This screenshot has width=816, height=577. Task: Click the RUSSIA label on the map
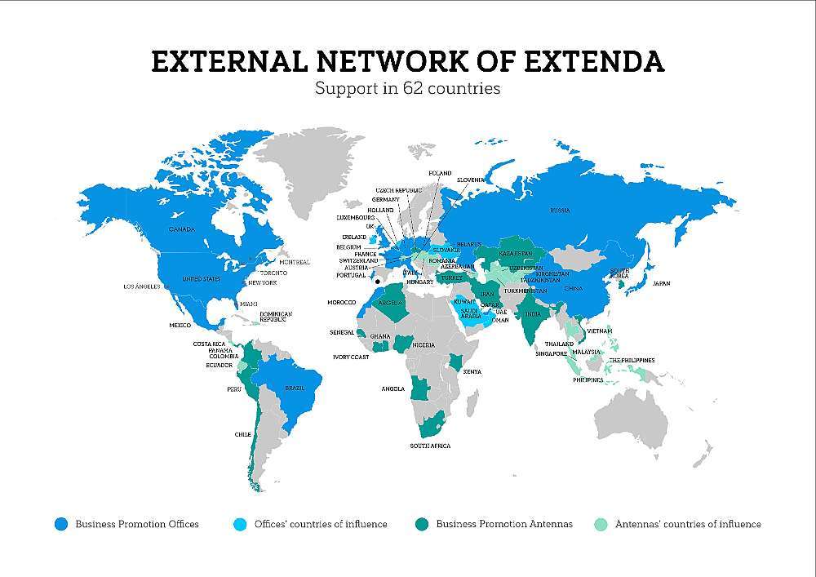click(x=560, y=211)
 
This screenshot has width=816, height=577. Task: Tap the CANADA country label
click(x=181, y=229)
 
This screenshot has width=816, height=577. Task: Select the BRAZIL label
click(x=294, y=388)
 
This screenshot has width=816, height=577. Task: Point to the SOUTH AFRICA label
click(x=429, y=446)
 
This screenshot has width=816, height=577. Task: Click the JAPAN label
click(x=661, y=283)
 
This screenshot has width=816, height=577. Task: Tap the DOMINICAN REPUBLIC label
click(x=275, y=317)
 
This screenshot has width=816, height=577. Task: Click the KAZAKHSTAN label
click(x=517, y=254)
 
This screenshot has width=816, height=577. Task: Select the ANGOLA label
click(x=392, y=388)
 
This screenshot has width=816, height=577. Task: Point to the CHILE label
click(x=242, y=434)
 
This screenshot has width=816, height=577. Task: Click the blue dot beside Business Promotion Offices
click(x=60, y=524)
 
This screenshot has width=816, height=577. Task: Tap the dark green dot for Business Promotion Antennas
click(x=421, y=524)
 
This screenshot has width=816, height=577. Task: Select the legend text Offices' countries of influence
click(x=321, y=524)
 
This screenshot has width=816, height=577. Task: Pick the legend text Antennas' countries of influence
click(x=688, y=524)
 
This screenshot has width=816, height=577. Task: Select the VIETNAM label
click(x=599, y=331)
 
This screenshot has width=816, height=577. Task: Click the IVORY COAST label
click(x=351, y=357)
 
